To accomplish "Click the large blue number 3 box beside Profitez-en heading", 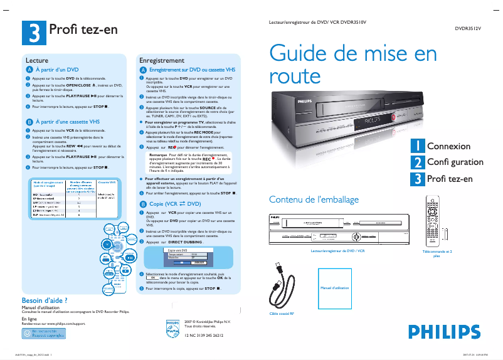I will click(x=33, y=31).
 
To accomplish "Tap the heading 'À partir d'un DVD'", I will click(x=56, y=70).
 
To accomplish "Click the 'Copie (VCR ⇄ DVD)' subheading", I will click(x=175, y=204).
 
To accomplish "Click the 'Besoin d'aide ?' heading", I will click(x=45, y=300).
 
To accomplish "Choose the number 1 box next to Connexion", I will click(x=416, y=146).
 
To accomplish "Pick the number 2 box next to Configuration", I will click(x=416, y=162).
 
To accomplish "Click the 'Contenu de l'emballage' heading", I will click(x=314, y=199).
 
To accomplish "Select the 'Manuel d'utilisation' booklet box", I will click(x=334, y=288).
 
